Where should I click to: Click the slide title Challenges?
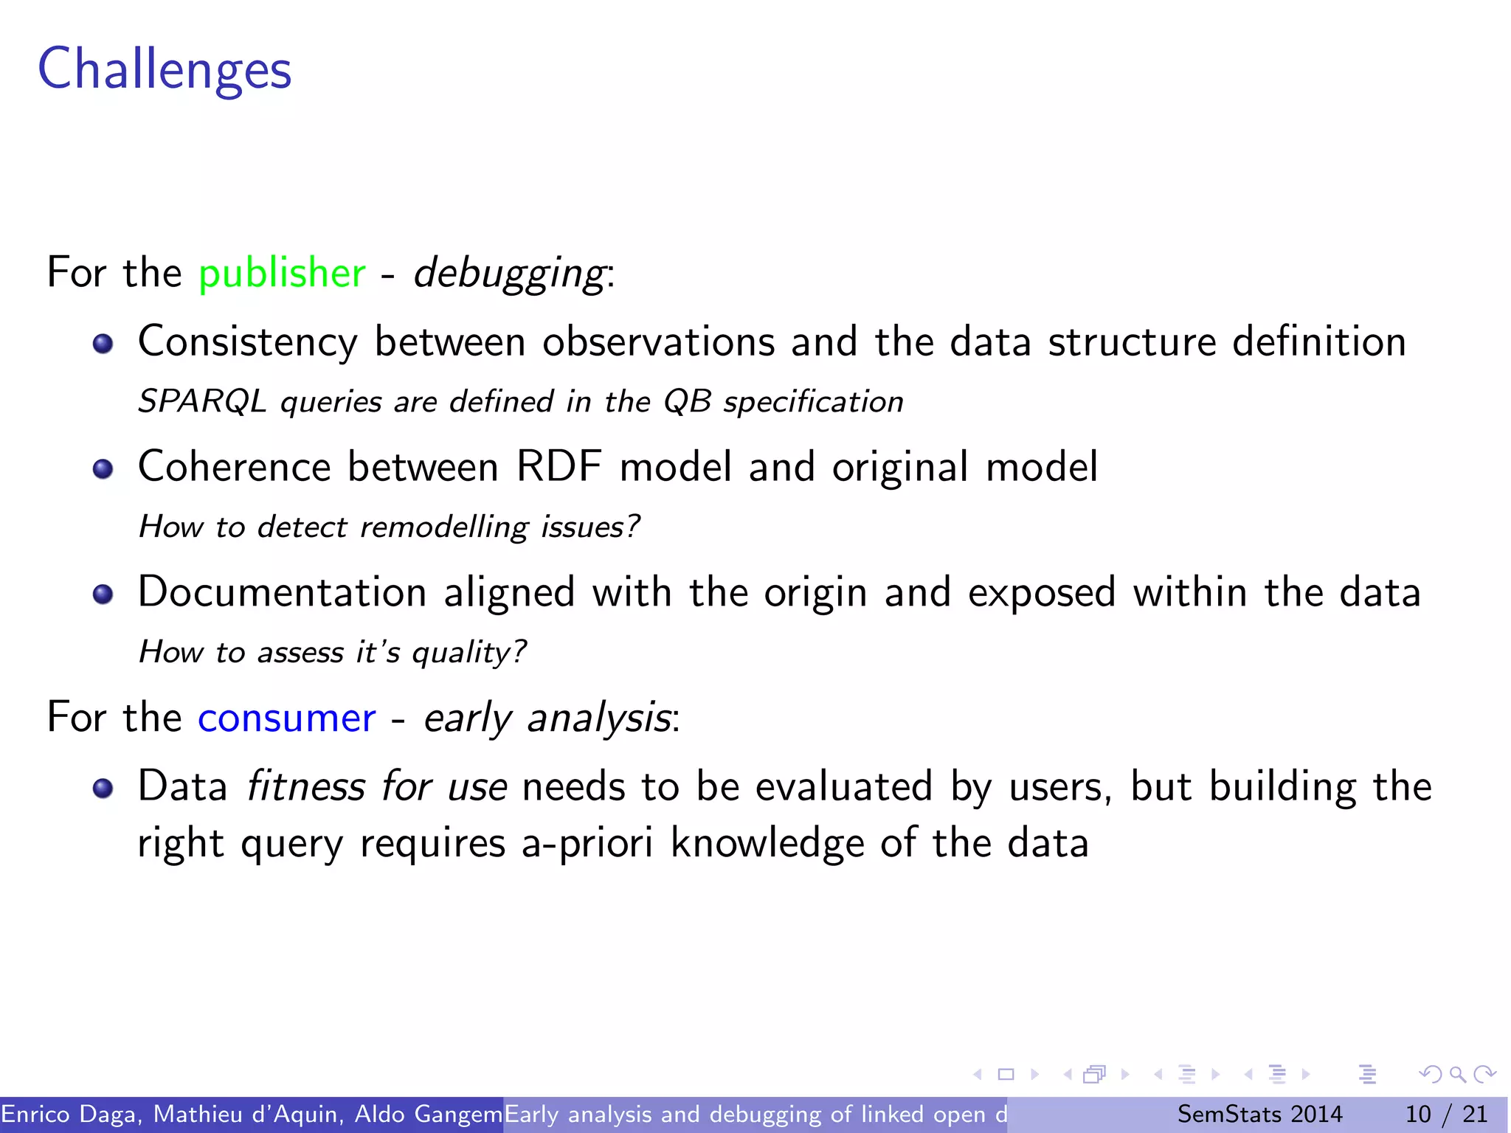(x=165, y=69)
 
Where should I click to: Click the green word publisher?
(x=282, y=273)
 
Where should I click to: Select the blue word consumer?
(x=286, y=718)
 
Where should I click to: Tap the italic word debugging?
(x=510, y=274)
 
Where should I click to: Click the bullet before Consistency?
(x=103, y=344)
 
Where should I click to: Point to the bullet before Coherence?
(x=103, y=469)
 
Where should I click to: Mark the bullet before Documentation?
(x=103, y=595)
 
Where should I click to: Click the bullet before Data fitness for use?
(x=103, y=789)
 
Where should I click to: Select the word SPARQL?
(x=202, y=402)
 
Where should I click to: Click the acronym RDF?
(x=559, y=467)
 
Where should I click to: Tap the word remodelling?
(x=445, y=527)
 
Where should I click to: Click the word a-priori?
(x=587, y=843)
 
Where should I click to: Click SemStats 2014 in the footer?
(x=1259, y=1114)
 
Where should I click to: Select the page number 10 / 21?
(x=1446, y=1114)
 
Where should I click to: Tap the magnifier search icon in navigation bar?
(x=1457, y=1075)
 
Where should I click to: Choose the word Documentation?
(x=283, y=592)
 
